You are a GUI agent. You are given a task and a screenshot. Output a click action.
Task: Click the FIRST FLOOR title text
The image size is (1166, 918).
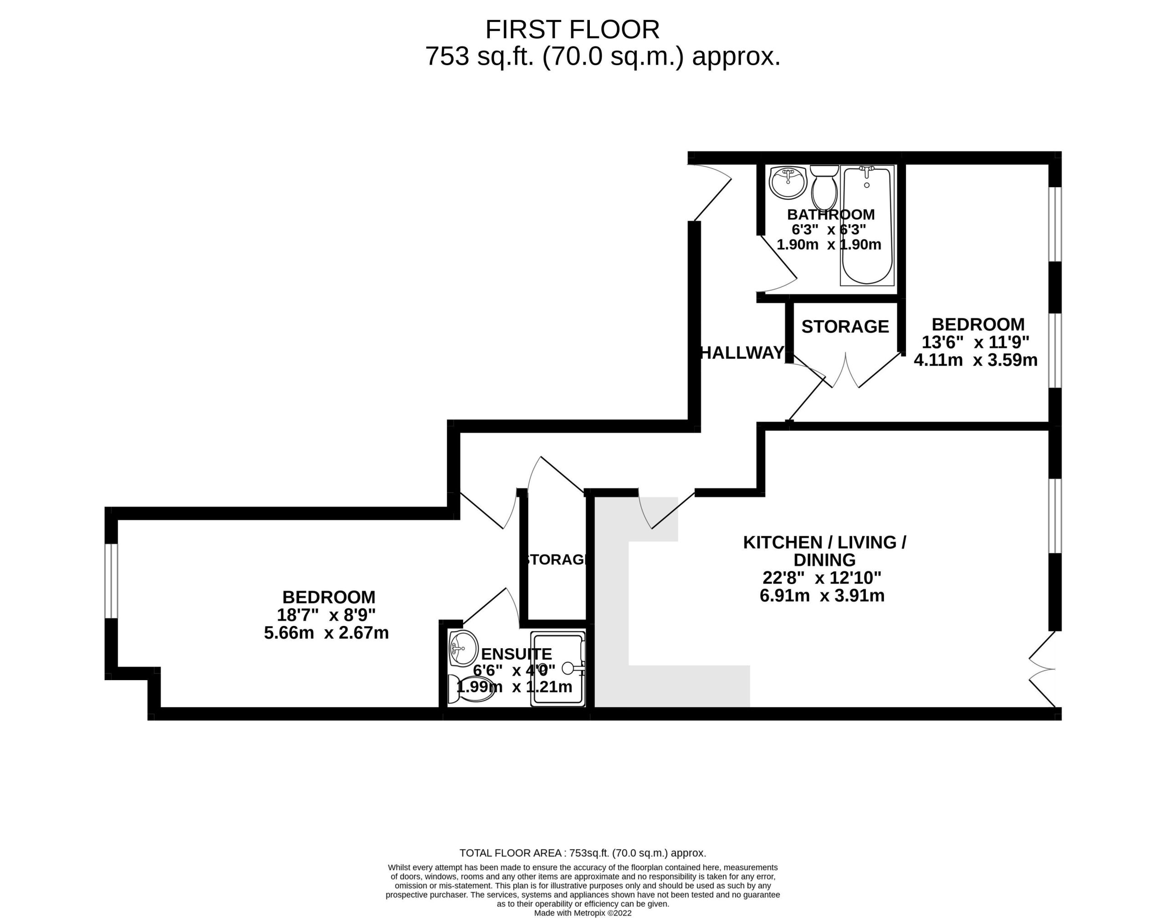coord(572,30)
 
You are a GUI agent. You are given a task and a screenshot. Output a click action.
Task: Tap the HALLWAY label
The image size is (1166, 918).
coord(742,353)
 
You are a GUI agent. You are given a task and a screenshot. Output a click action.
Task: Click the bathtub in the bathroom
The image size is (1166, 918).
coord(867,225)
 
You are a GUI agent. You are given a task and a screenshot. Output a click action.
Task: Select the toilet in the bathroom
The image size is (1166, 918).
coord(824,188)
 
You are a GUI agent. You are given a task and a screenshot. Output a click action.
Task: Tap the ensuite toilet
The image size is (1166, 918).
coord(470,689)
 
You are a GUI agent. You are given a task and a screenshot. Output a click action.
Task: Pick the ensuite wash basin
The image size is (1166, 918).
coord(463,648)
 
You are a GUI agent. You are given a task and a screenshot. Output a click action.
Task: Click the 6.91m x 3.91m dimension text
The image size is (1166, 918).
coord(822,595)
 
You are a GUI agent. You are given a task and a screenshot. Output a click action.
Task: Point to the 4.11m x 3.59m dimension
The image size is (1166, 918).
coord(976,359)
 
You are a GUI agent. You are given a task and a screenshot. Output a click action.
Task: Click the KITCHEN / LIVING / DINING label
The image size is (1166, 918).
coord(825,551)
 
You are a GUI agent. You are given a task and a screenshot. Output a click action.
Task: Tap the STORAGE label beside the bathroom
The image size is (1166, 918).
coord(845,326)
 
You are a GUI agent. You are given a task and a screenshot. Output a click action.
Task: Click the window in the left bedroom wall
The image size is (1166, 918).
coord(111,581)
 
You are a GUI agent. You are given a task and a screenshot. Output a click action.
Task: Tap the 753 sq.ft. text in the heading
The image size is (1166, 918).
coord(480,56)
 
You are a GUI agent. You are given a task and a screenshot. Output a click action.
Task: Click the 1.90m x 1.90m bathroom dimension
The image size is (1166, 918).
coord(829,245)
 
